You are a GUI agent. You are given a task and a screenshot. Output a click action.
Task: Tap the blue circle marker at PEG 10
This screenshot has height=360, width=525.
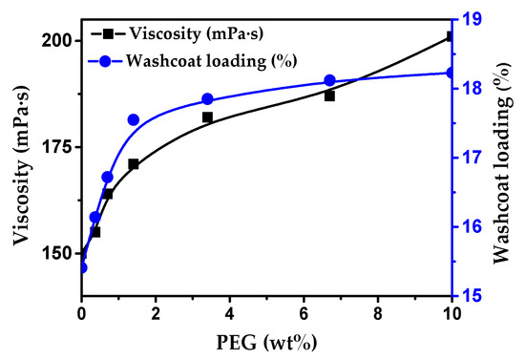pos(451,73)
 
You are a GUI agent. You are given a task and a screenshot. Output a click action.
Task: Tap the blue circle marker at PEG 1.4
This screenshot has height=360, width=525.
pos(133,119)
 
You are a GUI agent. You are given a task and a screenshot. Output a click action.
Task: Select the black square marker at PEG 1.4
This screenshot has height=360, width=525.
pos(133,164)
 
